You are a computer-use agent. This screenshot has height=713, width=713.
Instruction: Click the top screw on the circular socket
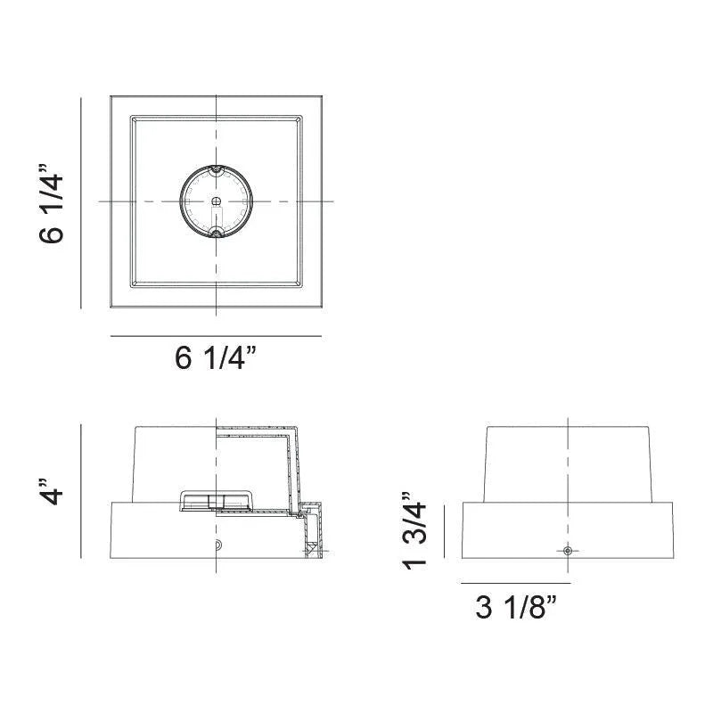pos(216,169)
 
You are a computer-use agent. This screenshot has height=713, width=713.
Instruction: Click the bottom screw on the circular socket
pos(216,234)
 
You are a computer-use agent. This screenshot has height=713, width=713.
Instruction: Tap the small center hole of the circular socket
pos(216,202)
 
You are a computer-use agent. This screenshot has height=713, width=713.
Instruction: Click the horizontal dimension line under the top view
pos(216,336)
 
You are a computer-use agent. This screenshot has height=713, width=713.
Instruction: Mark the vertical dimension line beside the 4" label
pos(81,491)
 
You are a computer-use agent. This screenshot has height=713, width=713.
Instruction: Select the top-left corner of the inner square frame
pos(131,115)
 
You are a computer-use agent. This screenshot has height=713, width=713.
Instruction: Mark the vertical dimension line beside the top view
pos(81,202)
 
